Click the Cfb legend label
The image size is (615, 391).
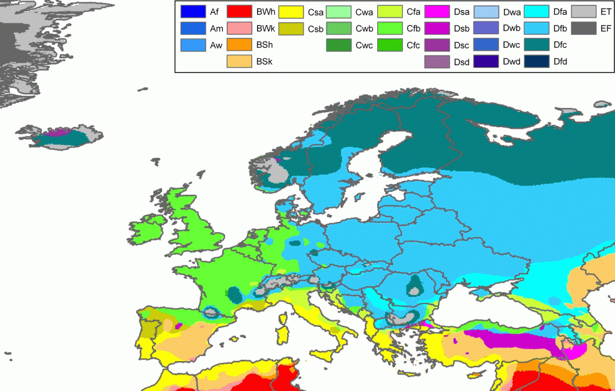point(413,28)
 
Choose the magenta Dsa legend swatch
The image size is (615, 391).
point(436,11)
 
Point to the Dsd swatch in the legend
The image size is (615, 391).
point(436,61)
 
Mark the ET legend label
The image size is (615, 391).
point(605,11)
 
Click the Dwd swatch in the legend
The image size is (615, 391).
point(486,61)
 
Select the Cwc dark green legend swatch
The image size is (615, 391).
point(338,44)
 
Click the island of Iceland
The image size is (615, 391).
point(60,137)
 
